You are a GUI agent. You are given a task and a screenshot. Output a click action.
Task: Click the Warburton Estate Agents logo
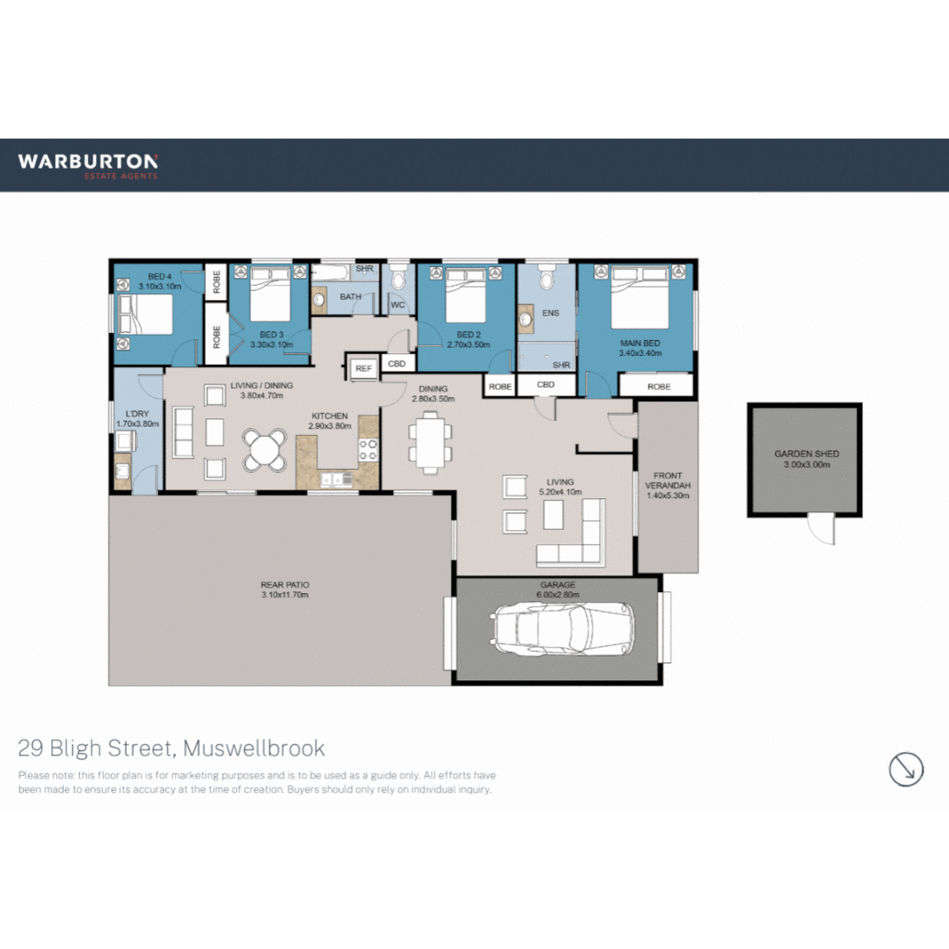[x=88, y=165]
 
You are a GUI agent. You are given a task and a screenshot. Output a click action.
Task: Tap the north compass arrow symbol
[x=906, y=769]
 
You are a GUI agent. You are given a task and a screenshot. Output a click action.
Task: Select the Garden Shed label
[x=806, y=454]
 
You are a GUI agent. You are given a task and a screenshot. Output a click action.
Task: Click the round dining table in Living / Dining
[x=264, y=450]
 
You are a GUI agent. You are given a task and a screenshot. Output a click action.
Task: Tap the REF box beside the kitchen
[x=363, y=369]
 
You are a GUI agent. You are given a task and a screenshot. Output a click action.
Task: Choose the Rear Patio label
[x=285, y=584]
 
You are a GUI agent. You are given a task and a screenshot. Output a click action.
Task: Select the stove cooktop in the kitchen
[x=368, y=451]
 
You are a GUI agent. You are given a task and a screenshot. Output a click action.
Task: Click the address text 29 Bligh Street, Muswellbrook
[x=171, y=749]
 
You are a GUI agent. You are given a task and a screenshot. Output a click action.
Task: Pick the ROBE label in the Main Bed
[x=658, y=387]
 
